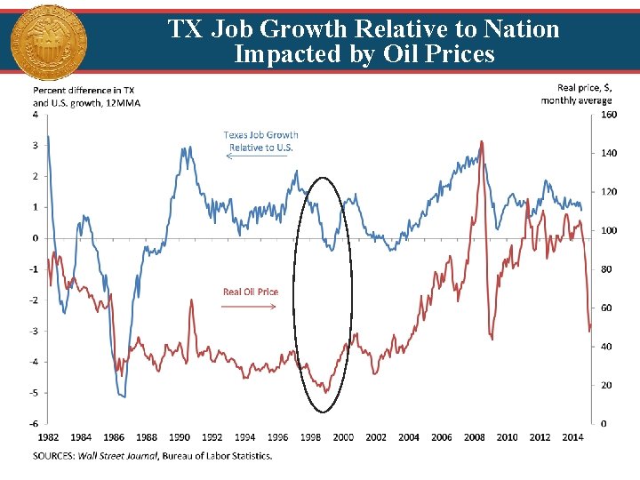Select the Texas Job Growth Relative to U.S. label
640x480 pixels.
click(260, 140)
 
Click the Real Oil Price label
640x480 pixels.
click(250, 292)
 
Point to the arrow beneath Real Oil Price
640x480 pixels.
click(250, 306)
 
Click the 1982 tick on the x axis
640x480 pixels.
click(48, 436)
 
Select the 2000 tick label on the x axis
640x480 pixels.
click(342, 436)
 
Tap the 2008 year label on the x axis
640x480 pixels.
click(474, 436)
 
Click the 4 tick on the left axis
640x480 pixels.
click(35, 115)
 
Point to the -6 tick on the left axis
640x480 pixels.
click(33, 424)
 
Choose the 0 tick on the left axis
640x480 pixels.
click(35, 238)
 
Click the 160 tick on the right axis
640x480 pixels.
click(609, 115)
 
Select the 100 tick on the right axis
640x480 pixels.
click(609, 230)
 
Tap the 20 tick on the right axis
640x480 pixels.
click(606, 385)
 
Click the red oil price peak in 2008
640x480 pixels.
click(481, 141)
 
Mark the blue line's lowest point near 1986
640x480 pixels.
click(123, 396)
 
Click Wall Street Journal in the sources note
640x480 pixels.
click(118, 456)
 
